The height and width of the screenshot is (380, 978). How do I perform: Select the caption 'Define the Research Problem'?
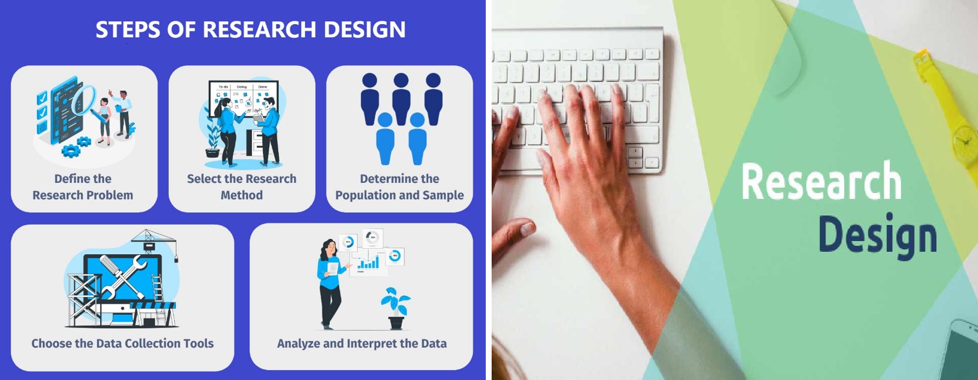tap(83, 187)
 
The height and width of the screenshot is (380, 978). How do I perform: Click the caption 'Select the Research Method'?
tap(242, 187)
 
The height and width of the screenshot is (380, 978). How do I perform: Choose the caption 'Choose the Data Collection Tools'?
tap(122, 344)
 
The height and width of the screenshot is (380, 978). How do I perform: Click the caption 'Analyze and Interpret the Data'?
tap(362, 344)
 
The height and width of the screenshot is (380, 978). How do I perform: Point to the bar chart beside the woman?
tap(368, 262)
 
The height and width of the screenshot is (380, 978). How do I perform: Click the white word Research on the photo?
tap(822, 181)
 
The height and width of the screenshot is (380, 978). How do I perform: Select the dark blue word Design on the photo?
tap(877, 236)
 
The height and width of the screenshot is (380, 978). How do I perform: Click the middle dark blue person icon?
tap(401, 99)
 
